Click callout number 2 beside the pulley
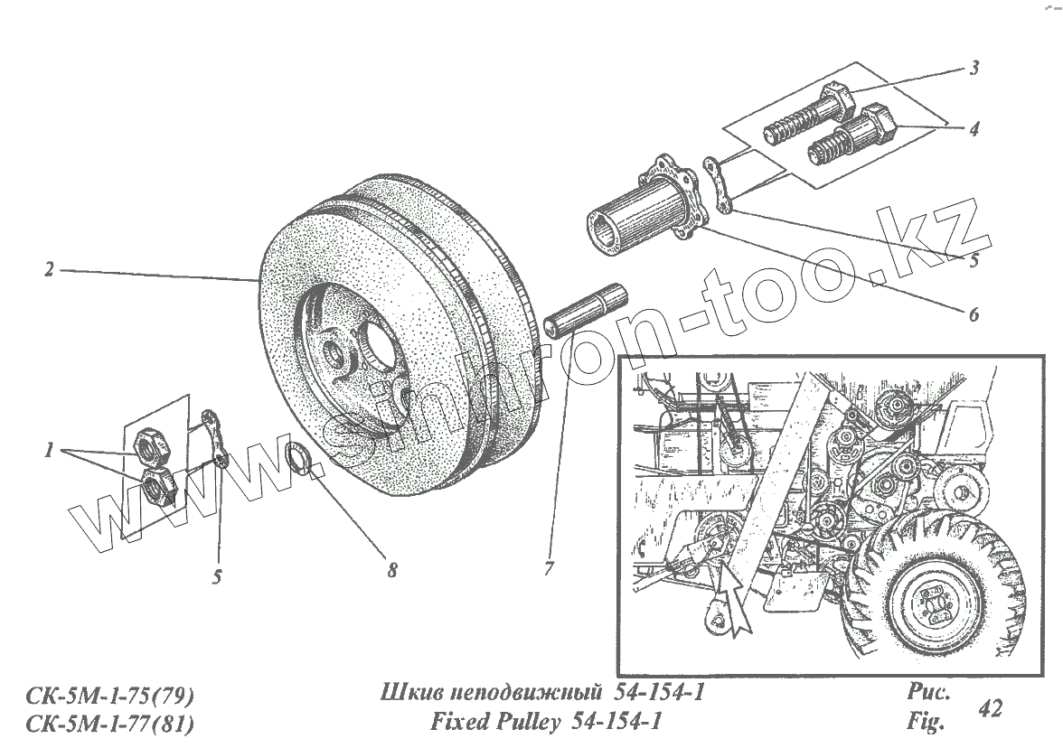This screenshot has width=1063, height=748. pos(49,269)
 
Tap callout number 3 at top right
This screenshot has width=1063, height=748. pos(974,69)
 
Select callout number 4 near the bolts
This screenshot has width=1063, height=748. pos(974,129)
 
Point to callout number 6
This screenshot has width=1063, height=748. pos(974,315)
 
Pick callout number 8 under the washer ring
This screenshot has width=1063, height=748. pos(391,570)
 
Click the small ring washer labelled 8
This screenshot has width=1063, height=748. pos(299,457)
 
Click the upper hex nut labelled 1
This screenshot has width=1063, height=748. pos(148,445)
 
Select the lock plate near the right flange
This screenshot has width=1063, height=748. pos(718,185)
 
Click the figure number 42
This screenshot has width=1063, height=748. pos(990,708)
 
